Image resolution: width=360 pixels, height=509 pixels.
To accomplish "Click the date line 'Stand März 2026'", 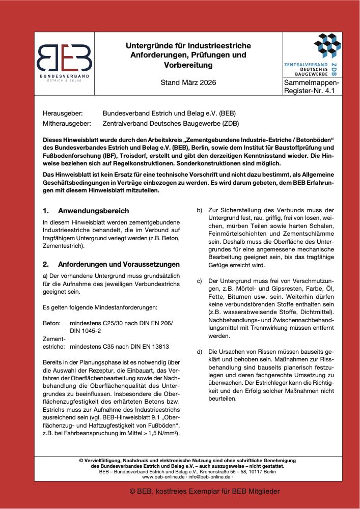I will (x=188, y=82).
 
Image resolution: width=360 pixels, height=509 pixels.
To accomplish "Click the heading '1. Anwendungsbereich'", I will (x=86, y=211).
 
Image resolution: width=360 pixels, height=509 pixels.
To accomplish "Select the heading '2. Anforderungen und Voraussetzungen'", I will (x=111, y=265).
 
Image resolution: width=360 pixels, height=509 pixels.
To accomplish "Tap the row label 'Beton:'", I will (x=52, y=323).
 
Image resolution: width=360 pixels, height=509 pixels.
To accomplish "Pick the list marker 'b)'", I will (x=199, y=210).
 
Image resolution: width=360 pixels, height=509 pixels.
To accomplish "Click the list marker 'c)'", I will (x=199, y=281).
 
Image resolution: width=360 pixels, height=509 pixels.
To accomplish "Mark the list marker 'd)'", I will (x=199, y=352).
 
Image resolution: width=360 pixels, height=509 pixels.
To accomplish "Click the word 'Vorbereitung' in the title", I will (x=188, y=65).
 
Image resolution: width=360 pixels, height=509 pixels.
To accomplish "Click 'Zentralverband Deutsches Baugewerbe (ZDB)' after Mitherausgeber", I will (x=171, y=123).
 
